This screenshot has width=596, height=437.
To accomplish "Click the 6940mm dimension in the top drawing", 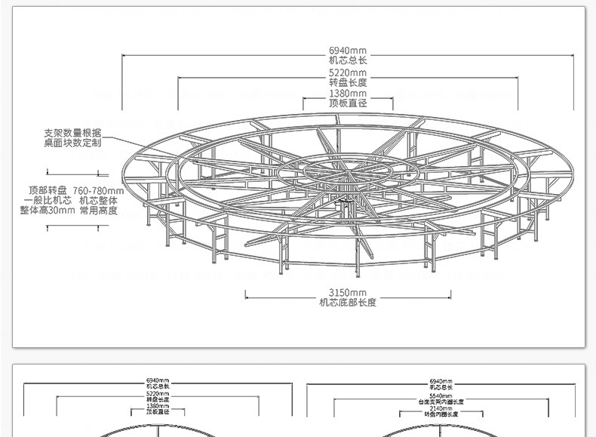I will (348, 50).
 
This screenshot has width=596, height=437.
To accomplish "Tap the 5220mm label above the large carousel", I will (348, 72).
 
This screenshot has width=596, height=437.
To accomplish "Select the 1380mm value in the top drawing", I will (348, 94).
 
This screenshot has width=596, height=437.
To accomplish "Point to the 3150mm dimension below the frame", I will (348, 293).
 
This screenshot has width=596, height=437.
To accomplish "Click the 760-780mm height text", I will (98, 190).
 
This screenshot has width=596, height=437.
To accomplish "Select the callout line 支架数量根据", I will (72, 132).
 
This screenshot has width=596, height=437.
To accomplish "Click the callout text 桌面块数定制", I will (72, 142).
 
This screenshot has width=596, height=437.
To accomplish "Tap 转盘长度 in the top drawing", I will (348, 82).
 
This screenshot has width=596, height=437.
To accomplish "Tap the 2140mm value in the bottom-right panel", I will (441, 408).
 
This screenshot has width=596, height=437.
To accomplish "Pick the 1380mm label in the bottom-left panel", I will (158, 407).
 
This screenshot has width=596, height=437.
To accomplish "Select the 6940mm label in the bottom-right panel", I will (441, 381).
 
